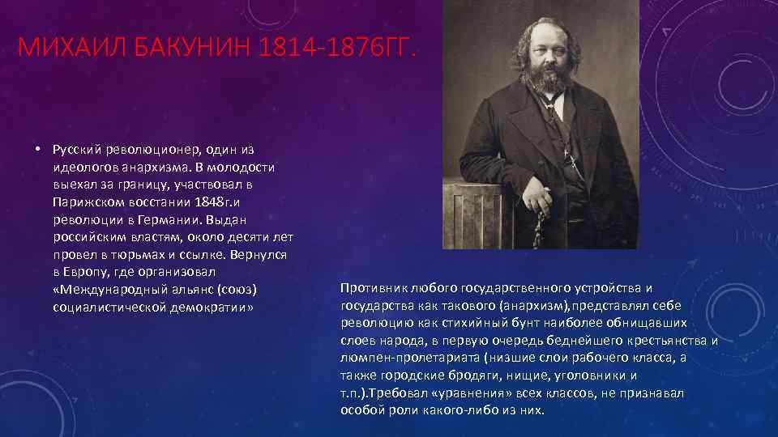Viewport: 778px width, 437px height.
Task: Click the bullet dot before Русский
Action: tap(38, 150)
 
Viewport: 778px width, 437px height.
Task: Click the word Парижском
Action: tap(82, 202)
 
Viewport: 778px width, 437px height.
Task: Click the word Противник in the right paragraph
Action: tap(374, 287)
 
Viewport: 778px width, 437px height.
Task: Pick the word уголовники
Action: tap(601, 375)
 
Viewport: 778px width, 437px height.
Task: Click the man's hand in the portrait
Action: tap(540, 201)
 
